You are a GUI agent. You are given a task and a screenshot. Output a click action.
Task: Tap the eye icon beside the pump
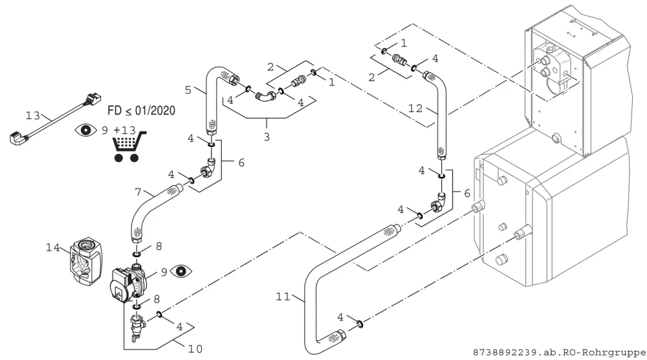181,271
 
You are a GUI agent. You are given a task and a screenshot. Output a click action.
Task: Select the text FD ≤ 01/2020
142,111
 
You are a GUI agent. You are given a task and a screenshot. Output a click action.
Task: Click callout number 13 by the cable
32,116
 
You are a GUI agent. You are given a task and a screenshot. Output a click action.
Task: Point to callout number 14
53,247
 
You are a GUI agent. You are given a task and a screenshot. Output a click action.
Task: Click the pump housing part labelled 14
86,261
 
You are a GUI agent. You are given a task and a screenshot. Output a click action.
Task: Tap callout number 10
195,349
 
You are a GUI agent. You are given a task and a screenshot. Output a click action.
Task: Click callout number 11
283,297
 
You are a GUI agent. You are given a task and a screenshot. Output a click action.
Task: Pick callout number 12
415,108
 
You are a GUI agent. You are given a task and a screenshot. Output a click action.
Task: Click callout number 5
188,89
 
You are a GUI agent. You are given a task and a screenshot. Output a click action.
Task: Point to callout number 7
138,192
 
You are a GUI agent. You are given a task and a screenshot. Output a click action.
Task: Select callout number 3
267,137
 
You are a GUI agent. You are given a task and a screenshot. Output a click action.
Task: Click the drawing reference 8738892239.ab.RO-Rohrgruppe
559,353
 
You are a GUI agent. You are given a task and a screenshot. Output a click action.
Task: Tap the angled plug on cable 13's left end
17,138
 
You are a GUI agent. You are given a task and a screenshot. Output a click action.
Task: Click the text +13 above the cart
124,130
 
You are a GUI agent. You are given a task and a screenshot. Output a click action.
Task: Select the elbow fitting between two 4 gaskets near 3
265,95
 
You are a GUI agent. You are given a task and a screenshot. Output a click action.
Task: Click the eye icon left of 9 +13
86,130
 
